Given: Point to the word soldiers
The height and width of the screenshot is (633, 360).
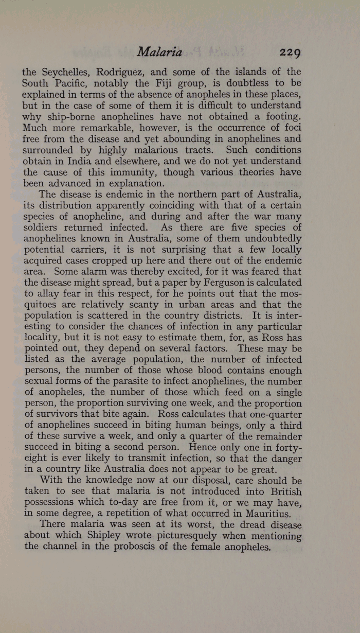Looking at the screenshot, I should pos(44,228).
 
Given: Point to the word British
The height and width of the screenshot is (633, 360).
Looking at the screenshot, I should pos(281,493).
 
